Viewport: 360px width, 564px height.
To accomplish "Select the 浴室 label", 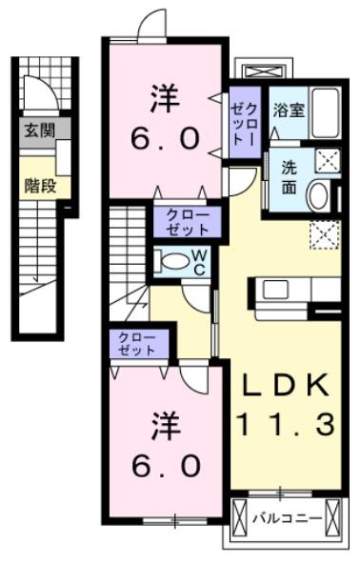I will [288, 110].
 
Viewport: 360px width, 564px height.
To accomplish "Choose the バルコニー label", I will [285, 519].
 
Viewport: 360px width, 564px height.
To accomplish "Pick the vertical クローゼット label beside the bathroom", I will [242, 120].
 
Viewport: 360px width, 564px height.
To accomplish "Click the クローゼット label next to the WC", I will [188, 222].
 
